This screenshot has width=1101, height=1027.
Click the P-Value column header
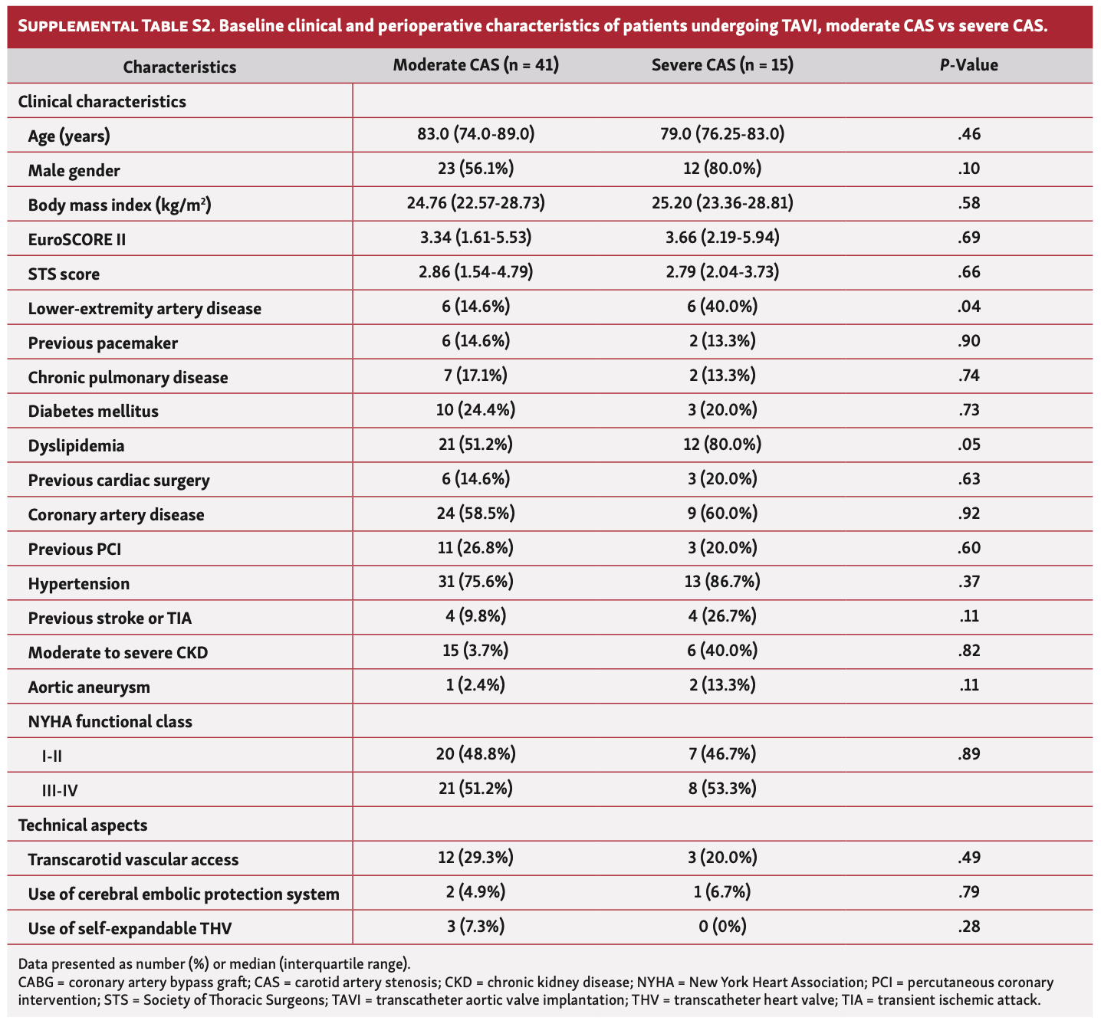point(968,66)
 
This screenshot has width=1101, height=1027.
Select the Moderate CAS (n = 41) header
point(475,66)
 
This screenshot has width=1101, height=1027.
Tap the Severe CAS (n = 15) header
point(722,66)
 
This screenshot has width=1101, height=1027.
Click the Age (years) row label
point(69,136)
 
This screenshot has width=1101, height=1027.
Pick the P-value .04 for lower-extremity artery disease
point(969,307)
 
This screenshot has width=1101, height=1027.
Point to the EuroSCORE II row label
point(77,239)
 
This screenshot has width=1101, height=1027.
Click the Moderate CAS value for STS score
point(475,273)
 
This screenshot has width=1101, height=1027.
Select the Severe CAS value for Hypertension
point(722,582)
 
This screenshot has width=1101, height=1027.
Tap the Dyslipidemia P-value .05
point(969,445)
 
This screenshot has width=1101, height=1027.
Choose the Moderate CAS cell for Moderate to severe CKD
point(475,651)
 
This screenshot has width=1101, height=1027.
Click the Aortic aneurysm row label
point(89,687)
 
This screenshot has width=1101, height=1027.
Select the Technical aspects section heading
point(83,825)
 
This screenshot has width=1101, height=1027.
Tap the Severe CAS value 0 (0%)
point(722,927)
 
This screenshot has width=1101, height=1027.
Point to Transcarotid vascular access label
point(133,860)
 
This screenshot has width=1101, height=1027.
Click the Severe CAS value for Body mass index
point(722,204)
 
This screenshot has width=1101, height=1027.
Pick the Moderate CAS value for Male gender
point(475,169)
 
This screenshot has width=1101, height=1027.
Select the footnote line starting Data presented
point(215,964)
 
